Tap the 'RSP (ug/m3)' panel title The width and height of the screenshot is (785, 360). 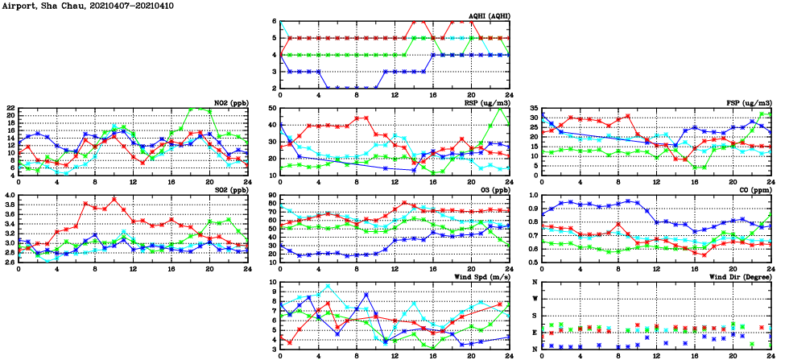pos(486,103)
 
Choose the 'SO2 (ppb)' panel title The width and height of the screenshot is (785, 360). pos(229,191)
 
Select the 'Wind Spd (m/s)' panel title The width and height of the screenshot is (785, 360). pos(481,278)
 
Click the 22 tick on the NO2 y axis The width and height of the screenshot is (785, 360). pos(10,108)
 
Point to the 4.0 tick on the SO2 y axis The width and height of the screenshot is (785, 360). pos(9,196)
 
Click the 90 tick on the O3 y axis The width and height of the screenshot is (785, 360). pos(273,196)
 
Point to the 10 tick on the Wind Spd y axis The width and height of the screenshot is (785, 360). pos(273,283)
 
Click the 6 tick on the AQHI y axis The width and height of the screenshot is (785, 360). pos(275,21)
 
